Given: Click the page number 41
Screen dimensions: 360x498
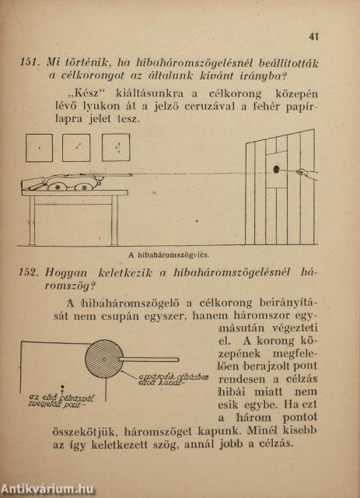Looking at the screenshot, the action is point(314,36).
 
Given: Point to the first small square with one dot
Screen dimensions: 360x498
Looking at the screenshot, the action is point(39,147).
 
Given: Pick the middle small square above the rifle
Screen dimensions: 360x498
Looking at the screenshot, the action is point(76,147).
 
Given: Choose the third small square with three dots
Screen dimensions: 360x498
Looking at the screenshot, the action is point(115,147).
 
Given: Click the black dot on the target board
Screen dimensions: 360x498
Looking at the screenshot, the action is point(275,169).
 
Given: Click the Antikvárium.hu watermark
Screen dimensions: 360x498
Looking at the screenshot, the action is point(48,489).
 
